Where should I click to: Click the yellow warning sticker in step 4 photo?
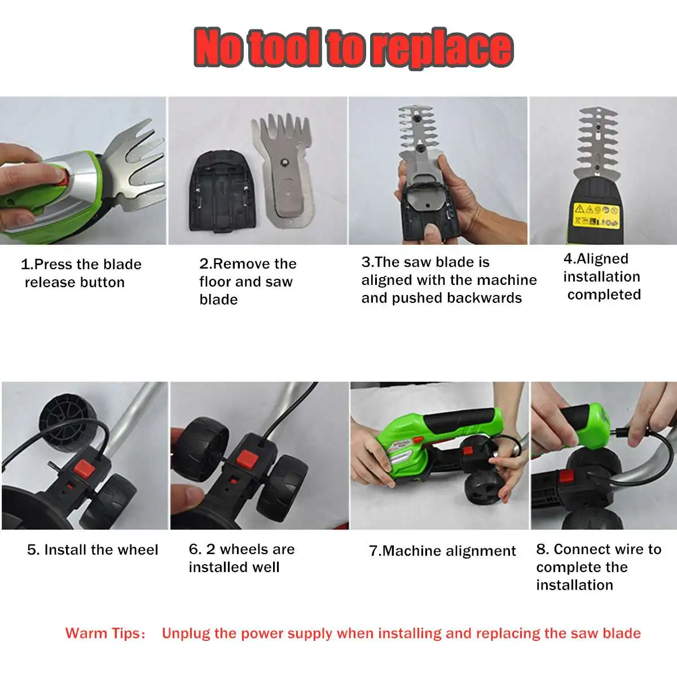(596, 214)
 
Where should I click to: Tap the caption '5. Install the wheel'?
(93, 549)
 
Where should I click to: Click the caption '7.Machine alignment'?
(442, 551)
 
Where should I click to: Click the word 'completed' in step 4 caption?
(604, 294)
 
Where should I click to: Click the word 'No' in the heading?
(219, 48)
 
